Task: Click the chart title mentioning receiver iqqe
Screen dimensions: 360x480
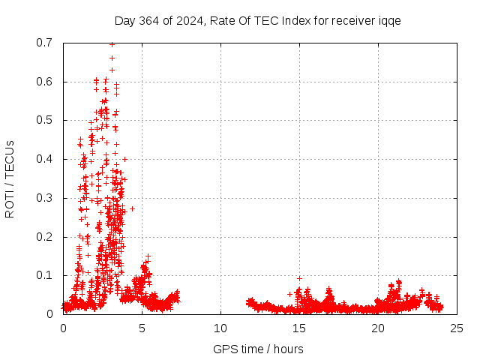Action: (x=257, y=21)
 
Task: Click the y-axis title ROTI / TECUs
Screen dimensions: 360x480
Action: (x=10, y=178)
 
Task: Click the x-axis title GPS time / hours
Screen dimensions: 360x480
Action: (x=258, y=349)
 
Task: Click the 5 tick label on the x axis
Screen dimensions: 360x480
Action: (x=142, y=328)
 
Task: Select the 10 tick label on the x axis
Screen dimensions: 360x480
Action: (x=220, y=328)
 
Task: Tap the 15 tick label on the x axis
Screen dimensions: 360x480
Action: (x=299, y=328)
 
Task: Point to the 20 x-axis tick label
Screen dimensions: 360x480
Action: (x=378, y=328)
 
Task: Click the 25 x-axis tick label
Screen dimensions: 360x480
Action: (x=457, y=328)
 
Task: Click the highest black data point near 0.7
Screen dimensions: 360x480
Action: (x=112, y=44)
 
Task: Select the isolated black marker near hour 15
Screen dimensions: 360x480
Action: (x=299, y=278)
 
